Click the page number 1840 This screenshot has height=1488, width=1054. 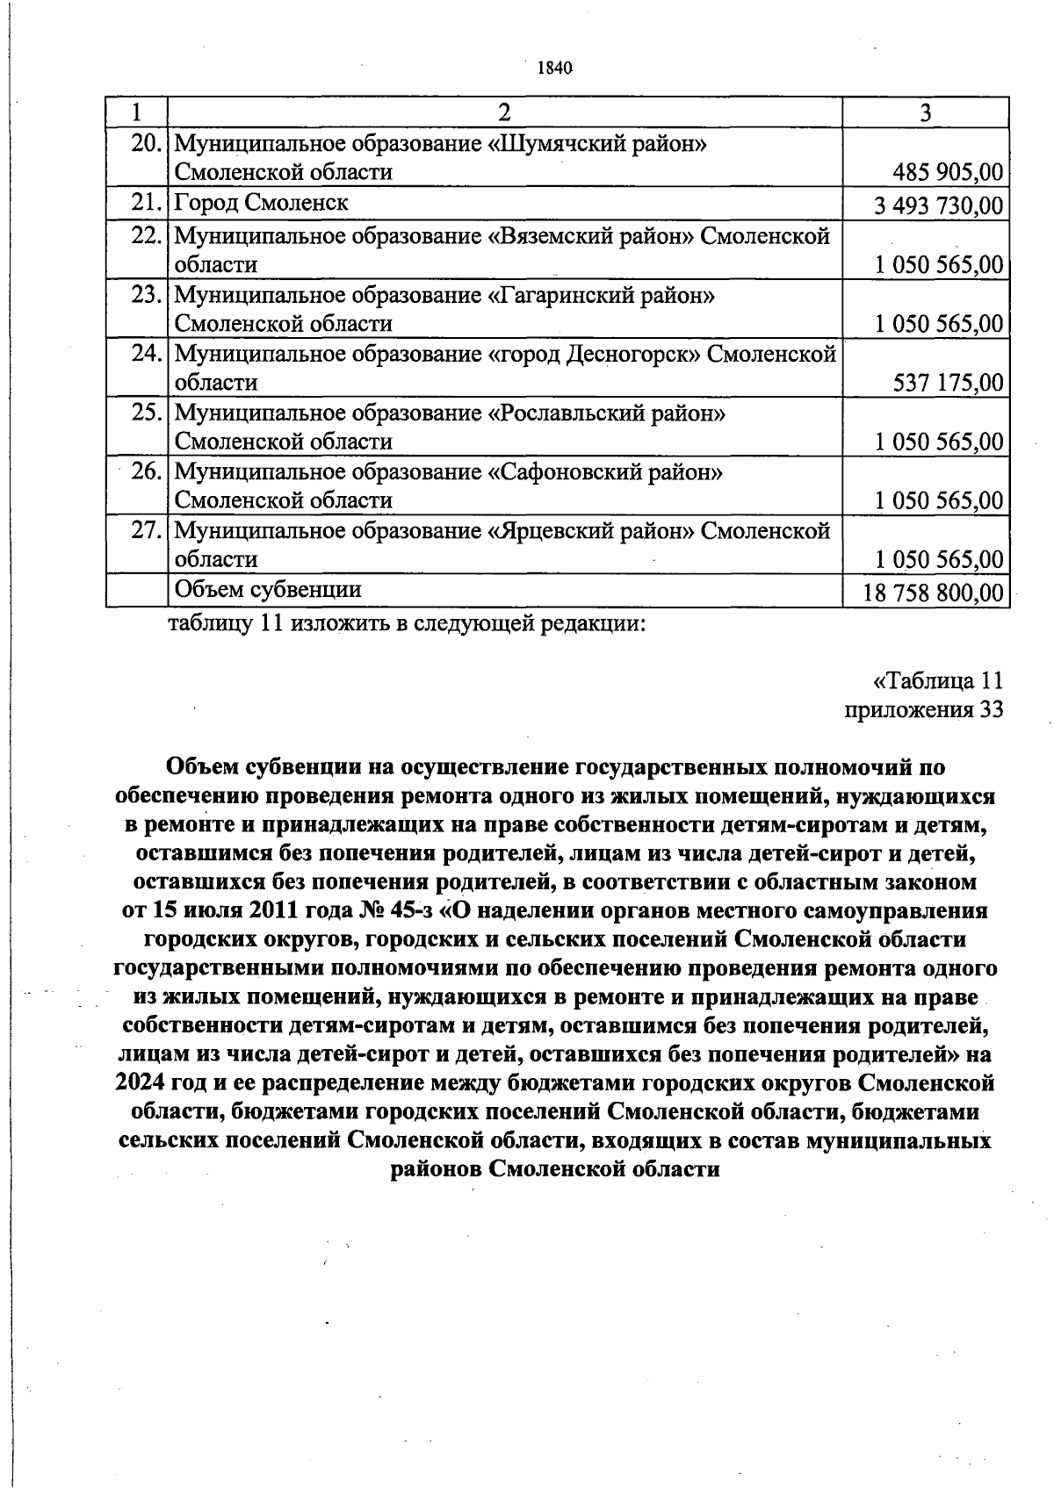(554, 68)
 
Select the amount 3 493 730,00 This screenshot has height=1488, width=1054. (938, 205)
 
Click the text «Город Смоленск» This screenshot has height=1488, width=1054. (261, 203)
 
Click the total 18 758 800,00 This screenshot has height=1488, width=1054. (933, 593)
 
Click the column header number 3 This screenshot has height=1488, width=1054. (925, 112)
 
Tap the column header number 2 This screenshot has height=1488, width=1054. (504, 112)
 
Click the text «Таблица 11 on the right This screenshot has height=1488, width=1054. (938, 681)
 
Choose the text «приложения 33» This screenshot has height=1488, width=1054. (923, 709)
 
